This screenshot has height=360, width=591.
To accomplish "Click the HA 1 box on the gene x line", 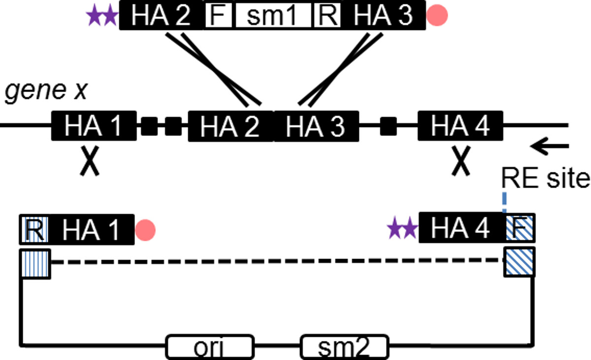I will click(94, 126).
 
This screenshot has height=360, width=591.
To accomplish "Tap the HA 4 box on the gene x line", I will click(460, 126).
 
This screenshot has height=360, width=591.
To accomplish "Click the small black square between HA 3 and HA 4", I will click(389, 126).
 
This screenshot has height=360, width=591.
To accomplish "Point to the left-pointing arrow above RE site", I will click(550, 145).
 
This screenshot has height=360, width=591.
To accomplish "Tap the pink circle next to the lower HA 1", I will click(145, 229).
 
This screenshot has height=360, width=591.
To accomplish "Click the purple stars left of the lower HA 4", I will click(402, 229).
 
